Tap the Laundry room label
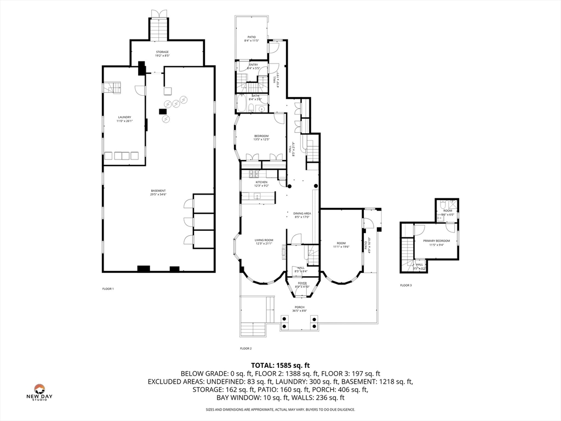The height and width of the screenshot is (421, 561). (x=124, y=117)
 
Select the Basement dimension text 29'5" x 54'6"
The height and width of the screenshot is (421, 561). (x=158, y=194)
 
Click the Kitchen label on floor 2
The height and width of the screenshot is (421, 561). (x=261, y=182)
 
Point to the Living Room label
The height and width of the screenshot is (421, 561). (x=264, y=240)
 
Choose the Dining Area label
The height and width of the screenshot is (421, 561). (x=302, y=213)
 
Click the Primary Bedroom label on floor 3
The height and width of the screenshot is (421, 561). (x=436, y=241)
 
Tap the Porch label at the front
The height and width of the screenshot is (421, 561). (x=299, y=307)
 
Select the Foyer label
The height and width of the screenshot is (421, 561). (x=302, y=283)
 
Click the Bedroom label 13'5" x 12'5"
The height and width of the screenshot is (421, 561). (x=261, y=136)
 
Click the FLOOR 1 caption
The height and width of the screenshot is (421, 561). (x=108, y=288)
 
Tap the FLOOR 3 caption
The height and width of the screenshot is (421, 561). (x=405, y=285)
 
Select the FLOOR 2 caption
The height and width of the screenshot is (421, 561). (x=245, y=348)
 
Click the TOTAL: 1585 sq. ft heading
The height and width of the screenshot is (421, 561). (x=280, y=365)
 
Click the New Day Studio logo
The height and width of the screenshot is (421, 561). (x=39, y=392)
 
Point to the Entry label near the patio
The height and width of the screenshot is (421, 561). (x=253, y=65)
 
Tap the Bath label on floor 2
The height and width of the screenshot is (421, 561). (x=255, y=96)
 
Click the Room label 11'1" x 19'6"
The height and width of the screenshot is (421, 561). (x=341, y=243)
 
